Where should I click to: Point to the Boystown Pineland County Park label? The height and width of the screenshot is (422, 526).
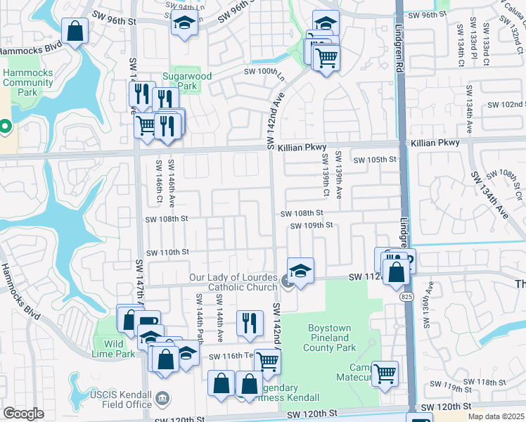pos(333,338)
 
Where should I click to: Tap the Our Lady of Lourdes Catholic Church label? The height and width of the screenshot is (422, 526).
pos(233,282)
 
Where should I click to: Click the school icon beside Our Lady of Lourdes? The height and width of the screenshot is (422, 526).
pos(300,271)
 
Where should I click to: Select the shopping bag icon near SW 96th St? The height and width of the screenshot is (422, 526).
pos(75,31)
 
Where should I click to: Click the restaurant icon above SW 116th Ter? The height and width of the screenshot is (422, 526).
pos(250,323)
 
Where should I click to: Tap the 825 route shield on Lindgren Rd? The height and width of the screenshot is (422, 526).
pos(409,298)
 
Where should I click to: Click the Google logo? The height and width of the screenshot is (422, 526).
pos(23,414)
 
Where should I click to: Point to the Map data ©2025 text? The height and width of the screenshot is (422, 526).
pos(496,416)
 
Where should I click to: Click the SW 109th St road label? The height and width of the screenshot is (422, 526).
pos(311,226)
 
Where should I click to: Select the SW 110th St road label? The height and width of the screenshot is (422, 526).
pos(167,252)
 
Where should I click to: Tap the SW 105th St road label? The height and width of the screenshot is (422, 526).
pos(376,160)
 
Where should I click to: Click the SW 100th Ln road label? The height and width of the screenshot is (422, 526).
pos(264,72)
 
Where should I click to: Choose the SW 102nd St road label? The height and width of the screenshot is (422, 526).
pos(504,104)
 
